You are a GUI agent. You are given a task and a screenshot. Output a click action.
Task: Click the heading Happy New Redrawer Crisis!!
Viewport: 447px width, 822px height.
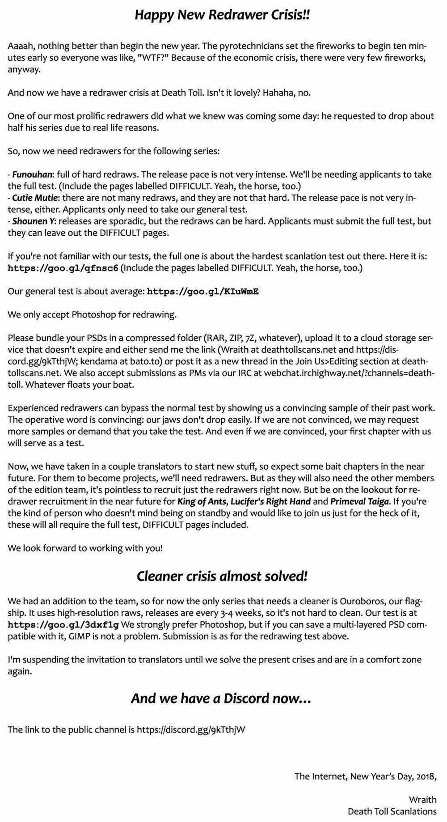(222, 15)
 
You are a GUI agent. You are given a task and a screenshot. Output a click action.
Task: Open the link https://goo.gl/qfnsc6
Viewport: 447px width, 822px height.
(63, 268)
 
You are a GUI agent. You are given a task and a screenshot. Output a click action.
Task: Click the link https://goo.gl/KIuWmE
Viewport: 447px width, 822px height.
(203, 292)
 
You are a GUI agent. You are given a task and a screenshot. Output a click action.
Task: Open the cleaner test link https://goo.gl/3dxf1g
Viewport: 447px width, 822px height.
(63, 624)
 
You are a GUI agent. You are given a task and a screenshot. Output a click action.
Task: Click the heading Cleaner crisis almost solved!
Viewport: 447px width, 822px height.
(222, 576)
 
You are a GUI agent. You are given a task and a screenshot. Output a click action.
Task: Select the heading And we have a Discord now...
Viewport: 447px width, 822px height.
(221, 698)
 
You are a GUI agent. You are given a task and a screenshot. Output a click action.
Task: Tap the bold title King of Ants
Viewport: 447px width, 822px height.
(202, 501)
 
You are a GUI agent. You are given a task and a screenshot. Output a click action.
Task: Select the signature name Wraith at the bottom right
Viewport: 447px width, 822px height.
(422, 800)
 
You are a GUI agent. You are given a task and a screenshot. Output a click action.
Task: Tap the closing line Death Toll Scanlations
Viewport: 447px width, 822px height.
(392, 811)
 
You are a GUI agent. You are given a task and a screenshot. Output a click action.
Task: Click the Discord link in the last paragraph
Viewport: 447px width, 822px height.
(191, 729)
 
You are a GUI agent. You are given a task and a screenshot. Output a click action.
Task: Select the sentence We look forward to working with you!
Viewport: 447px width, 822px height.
(85, 547)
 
